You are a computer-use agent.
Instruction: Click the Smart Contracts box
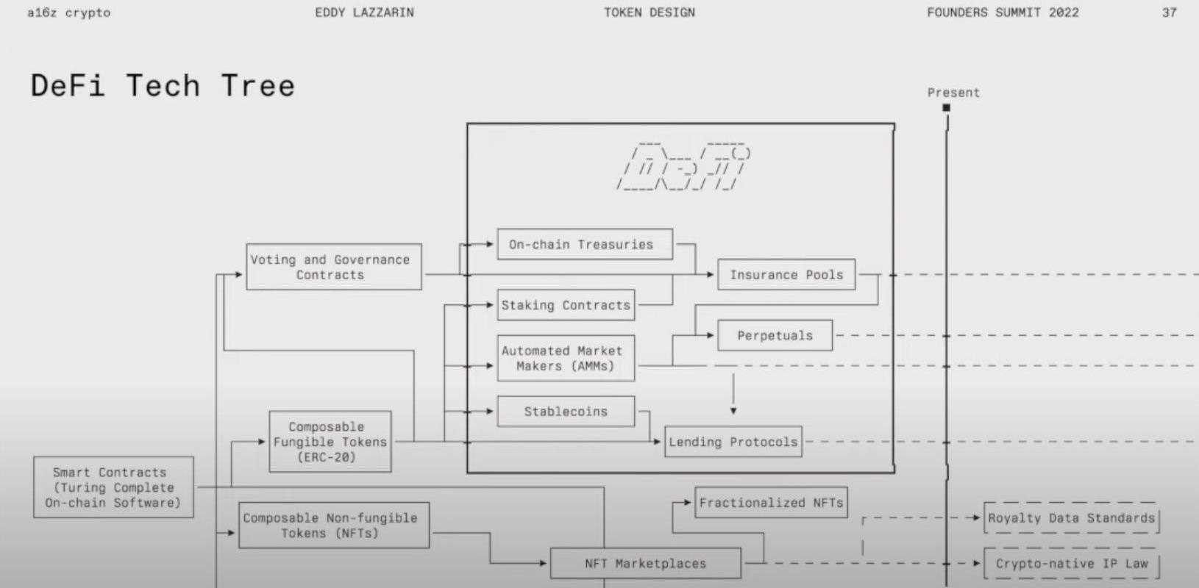(113, 487)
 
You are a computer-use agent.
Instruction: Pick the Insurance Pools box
(786, 275)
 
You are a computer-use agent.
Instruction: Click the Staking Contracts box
(565, 305)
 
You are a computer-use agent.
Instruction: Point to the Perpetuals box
(775, 336)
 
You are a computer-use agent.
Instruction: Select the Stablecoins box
(565, 412)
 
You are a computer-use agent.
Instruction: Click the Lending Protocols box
(733, 442)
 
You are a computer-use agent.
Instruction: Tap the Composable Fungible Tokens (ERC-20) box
(330, 442)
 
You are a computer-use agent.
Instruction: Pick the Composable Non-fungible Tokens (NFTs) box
(333, 526)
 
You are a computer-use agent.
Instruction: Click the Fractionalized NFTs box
(770, 503)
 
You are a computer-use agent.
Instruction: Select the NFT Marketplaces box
(645, 564)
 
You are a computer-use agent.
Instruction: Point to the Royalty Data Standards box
(1071, 518)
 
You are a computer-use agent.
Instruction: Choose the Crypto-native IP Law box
(1071, 564)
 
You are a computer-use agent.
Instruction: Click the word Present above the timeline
(953, 93)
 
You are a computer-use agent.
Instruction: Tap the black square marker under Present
(947, 108)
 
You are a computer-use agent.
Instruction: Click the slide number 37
(1169, 12)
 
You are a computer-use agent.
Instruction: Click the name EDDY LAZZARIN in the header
(364, 12)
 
